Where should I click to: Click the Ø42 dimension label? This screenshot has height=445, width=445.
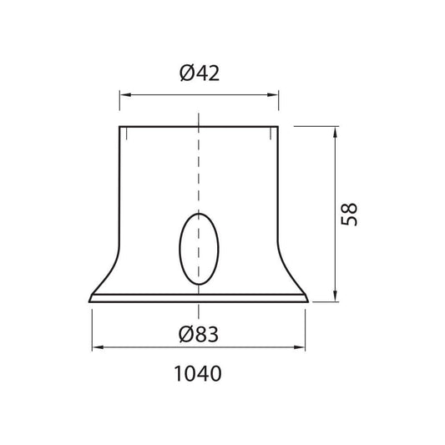coord(200,73)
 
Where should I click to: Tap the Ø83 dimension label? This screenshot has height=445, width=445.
coord(199,334)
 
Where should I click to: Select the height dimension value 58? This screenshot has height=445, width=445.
coord(349,215)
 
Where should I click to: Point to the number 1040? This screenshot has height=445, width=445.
coord(198,373)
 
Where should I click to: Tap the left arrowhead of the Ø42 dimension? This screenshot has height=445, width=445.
coord(125,94)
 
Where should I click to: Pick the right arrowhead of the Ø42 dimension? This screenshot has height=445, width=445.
coord(273,94)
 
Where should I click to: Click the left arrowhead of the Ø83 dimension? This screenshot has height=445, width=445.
coord(98,347)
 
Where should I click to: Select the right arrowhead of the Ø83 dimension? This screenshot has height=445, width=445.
coord(300,347)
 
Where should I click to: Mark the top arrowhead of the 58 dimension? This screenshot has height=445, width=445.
coord(335,132)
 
